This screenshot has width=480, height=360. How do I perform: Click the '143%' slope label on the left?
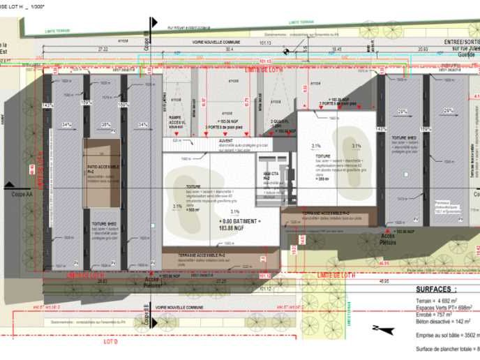pos(47,105)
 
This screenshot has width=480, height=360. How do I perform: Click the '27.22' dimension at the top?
pos(103,50)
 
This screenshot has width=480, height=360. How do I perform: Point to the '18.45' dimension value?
pos(336,50)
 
